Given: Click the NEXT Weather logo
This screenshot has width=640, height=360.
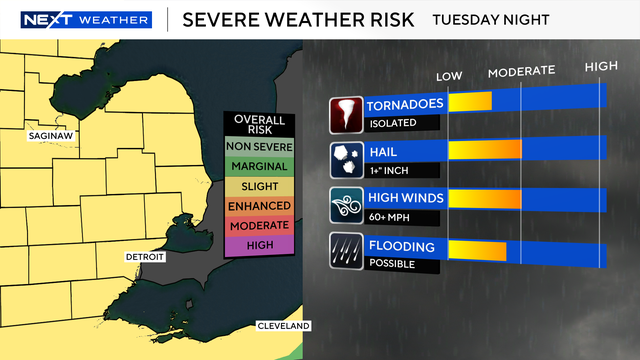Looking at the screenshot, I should [86, 19].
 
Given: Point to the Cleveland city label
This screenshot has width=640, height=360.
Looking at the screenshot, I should [285, 326].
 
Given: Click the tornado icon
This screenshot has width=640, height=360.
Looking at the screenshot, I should [347, 115].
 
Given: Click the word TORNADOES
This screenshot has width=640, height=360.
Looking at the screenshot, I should [405, 105].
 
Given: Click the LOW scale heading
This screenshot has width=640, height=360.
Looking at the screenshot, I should [449, 76].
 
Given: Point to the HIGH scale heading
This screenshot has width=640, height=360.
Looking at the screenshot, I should [601, 67].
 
